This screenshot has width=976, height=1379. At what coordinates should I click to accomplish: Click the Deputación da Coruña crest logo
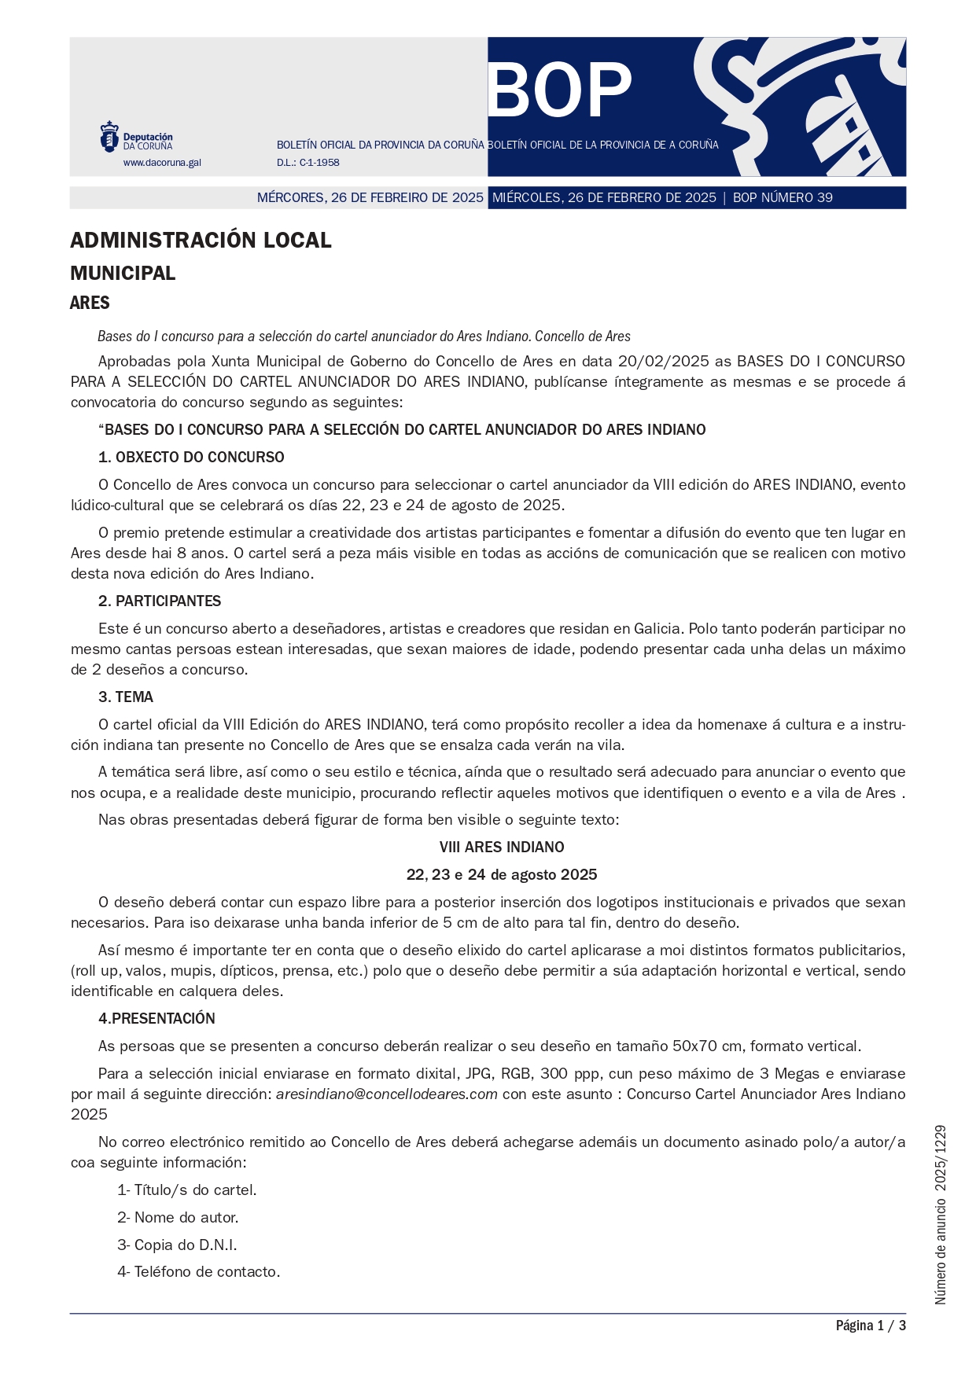(109, 137)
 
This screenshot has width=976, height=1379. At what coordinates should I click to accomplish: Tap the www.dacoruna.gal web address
(162, 163)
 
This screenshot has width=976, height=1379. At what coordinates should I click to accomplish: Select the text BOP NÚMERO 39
(783, 197)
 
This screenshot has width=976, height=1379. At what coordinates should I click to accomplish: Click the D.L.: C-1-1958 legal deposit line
(308, 163)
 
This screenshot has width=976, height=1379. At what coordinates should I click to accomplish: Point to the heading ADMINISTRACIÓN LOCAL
(201, 241)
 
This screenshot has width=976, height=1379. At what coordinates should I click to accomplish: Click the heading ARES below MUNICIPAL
(90, 303)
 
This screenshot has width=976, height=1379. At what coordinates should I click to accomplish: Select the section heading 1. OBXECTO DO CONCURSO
(191, 458)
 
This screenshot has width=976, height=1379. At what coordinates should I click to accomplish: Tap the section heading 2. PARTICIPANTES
(160, 601)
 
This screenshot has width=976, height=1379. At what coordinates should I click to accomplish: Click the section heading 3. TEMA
(126, 697)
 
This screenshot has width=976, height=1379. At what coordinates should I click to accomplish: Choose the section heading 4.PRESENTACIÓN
(157, 1019)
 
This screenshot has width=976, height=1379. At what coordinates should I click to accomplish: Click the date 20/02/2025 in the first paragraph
(663, 362)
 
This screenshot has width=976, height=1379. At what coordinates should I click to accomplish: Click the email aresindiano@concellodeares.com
(386, 1094)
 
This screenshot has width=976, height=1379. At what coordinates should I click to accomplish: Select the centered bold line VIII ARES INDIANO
(502, 848)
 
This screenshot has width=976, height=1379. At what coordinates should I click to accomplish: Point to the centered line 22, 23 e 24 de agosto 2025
(502, 875)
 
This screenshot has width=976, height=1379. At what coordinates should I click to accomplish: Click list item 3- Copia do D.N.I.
(177, 1245)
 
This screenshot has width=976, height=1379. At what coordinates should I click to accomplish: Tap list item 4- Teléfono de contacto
(198, 1272)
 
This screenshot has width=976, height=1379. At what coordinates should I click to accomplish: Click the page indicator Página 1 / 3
(871, 1326)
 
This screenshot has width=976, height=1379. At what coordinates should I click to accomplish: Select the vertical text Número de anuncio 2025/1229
(941, 1215)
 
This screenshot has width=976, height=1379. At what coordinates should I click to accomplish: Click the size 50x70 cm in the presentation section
(707, 1046)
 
